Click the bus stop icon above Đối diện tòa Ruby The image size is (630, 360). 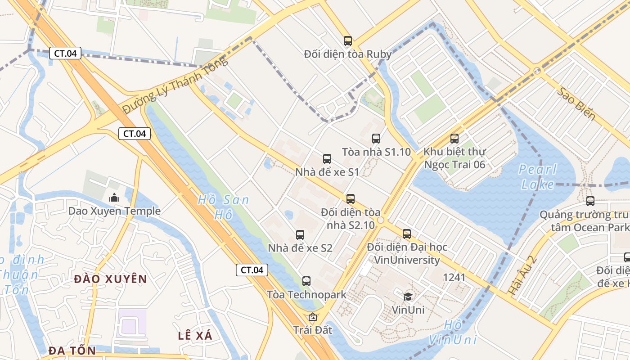(x=347, y=41)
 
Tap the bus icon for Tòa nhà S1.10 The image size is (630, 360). (x=376, y=139)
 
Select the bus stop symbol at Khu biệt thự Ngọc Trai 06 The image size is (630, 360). (x=454, y=139)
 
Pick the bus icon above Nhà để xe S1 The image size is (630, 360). (x=327, y=159)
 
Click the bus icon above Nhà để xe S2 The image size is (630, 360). (x=300, y=235)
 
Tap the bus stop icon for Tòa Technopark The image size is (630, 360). (x=306, y=281)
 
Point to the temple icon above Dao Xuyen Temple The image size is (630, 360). (x=114, y=198)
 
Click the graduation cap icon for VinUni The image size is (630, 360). (x=408, y=296)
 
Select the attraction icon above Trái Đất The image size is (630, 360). (x=313, y=317)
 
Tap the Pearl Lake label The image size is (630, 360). (x=538, y=177)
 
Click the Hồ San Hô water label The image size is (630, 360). (x=223, y=207)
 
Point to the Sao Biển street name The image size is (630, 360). (x=576, y=104)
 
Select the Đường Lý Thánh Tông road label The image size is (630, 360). (x=175, y=86)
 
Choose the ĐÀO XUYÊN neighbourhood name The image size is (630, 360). (x=110, y=279)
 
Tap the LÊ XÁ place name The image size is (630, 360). (x=195, y=335)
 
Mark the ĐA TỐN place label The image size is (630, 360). (x=72, y=350)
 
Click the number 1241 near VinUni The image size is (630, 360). (x=454, y=277)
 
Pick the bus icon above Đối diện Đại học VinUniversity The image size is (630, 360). (x=407, y=234)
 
